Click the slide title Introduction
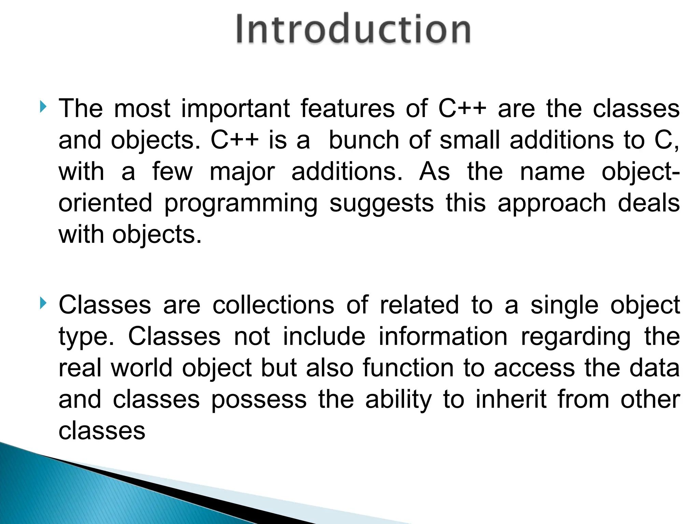click(x=353, y=29)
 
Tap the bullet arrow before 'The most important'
click(x=43, y=107)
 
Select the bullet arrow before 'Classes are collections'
click(x=43, y=303)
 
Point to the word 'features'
click(x=347, y=108)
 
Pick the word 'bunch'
click(x=364, y=140)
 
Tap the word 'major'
click(x=242, y=173)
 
